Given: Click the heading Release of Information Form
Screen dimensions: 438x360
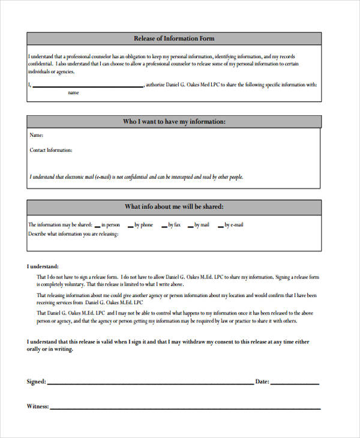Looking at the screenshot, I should (x=174, y=38).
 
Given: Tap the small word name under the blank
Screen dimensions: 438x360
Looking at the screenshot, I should (x=73, y=93).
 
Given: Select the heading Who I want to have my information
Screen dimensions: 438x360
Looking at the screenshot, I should (x=174, y=122).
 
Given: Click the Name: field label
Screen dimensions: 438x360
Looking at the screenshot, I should (x=37, y=135).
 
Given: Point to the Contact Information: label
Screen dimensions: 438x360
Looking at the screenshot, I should (x=51, y=150).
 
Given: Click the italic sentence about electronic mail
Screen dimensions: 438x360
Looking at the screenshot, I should (x=136, y=177).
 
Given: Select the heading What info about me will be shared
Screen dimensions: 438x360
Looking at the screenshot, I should (x=174, y=207).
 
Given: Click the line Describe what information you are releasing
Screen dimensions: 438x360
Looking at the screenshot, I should (x=73, y=234).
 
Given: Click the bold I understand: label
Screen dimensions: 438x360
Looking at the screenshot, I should (x=43, y=266).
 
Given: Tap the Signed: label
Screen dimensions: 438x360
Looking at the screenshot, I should (x=36, y=382).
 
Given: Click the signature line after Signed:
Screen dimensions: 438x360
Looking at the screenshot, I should (x=150, y=383).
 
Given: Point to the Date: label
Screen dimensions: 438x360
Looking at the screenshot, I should (x=262, y=382).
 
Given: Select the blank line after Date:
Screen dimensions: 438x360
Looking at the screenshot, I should (x=295, y=383).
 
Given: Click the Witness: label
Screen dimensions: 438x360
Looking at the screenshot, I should (x=38, y=406).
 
